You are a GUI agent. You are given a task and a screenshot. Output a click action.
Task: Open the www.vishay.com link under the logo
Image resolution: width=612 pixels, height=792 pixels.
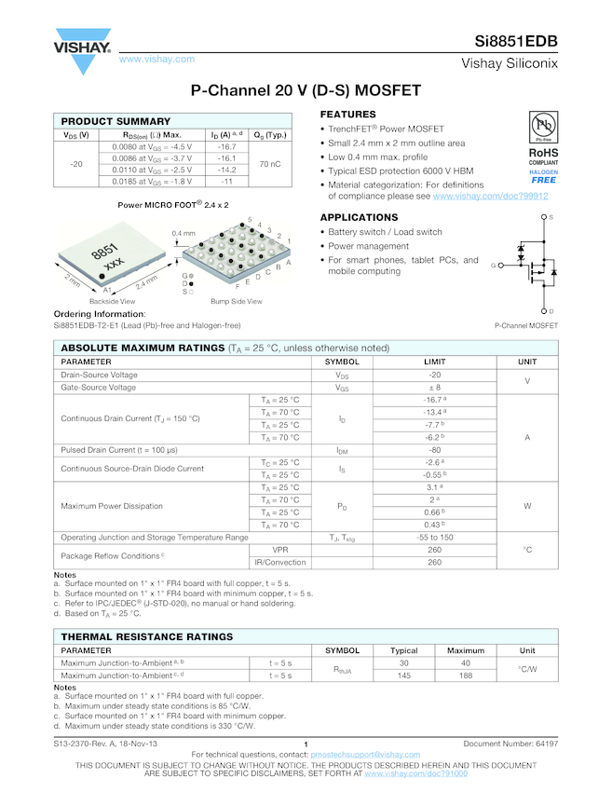click(x=156, y=60)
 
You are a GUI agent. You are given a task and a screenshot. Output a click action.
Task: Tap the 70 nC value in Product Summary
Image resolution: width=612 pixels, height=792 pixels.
click(x=270, y=164)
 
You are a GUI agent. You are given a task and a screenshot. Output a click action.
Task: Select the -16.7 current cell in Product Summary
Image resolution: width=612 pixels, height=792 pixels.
click(x=226, y=147)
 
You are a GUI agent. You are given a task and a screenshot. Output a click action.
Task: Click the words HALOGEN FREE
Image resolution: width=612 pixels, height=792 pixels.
click(x=543, y=176)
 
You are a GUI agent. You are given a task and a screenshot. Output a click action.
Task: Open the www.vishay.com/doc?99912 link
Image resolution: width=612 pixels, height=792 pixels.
click(x=490, y=197)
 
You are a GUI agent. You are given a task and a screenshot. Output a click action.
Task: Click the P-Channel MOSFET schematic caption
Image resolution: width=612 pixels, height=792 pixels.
click(x=527, y=325)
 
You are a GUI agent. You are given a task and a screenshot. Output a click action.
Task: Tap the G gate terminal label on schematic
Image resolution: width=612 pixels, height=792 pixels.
click(x=493, y=266)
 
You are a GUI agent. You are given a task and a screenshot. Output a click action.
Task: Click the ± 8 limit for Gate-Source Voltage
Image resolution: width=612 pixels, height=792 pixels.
click(x=434, y=387)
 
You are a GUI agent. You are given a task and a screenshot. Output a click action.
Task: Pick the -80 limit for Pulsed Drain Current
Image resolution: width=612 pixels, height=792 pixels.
click(x=434, y=450)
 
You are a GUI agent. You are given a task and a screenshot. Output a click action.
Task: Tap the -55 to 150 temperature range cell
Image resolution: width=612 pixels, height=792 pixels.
click(x=434, y=538)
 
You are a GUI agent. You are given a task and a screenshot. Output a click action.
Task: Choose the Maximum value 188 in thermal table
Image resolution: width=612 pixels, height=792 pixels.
click(x=466, y=676)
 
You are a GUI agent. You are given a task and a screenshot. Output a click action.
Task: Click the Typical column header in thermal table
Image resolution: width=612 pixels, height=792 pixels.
click(x=403, y=650)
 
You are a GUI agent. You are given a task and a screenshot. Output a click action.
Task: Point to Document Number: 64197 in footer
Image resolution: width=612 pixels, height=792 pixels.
click(x=510, y=744)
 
